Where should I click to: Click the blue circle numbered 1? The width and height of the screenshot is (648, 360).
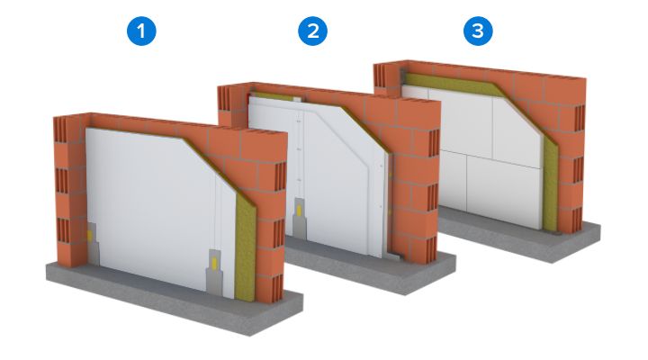[x=142, y=32]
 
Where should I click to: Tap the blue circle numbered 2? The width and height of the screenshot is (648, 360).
[x=310, y=32]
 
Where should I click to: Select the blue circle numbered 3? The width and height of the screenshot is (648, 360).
[x=478, y=32]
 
